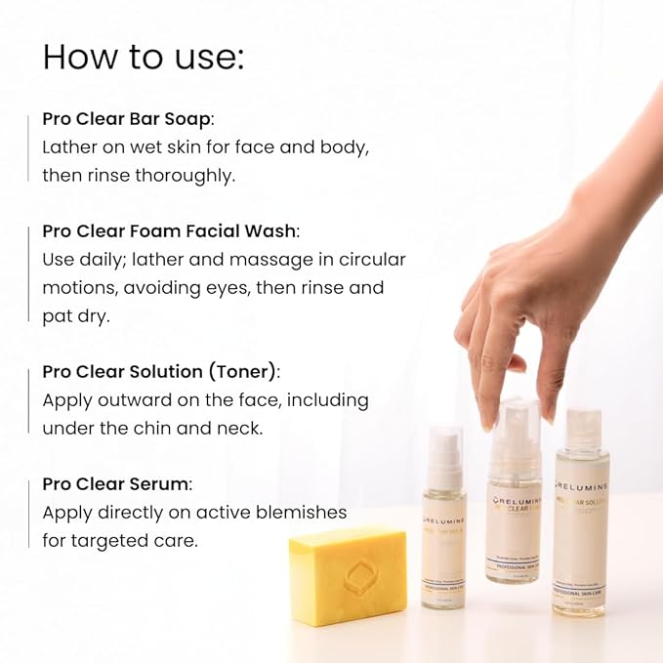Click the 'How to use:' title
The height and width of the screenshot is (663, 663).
[x=143, y=58]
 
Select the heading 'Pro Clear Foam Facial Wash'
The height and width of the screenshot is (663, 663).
[x=169, y=231]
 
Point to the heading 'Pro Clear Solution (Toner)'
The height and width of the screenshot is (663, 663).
[x=160, y=372]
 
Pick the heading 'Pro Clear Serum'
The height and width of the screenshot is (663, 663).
[x=116, y=484]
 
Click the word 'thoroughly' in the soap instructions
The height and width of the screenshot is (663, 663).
[x=188, y=176]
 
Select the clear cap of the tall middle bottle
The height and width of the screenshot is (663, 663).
[x=515, y=430]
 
